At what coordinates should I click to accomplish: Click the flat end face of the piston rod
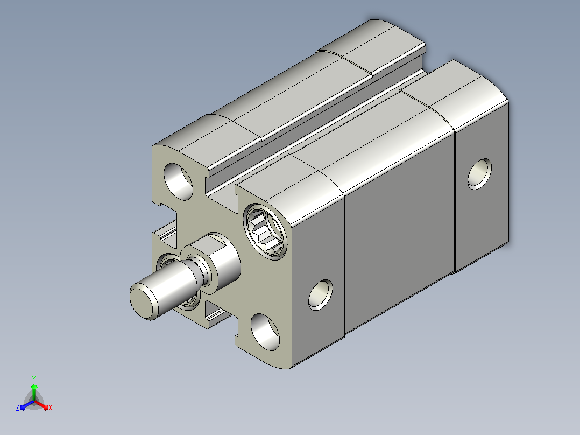click(142, 303)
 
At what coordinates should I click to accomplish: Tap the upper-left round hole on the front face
click(179, 181)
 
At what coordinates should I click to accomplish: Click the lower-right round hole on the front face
click(265, 332)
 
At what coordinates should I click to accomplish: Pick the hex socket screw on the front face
click(265, 231)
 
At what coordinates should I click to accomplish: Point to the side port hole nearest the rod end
click(320, 294)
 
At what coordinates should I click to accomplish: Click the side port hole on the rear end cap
click(480, 174)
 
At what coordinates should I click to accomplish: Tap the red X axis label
click(51, 408)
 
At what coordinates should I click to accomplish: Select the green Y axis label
click(34, 378)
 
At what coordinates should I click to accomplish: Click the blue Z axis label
click(18, 408)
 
